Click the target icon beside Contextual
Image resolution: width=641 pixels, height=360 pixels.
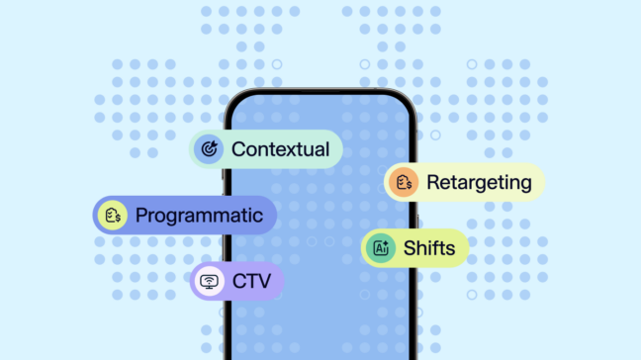(x=209, y=149)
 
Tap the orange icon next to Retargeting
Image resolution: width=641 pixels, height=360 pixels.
(x=403, y=182)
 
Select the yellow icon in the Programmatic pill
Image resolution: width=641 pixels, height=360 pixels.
(x=113, y=215)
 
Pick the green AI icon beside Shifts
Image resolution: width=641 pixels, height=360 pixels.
(x=380, y=248)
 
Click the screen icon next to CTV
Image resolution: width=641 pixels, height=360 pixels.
(x=209, y=282)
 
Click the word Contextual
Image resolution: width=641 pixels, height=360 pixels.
(x=280, y=149)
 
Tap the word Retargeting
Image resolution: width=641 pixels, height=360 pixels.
(x=479, y=182)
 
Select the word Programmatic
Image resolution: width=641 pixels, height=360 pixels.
(x=199, y=215)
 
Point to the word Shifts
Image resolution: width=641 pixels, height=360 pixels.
(x=429, y=248)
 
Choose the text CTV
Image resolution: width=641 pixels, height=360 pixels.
(x=252, y=282)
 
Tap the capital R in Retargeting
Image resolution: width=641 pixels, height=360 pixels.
(x=433, y=182)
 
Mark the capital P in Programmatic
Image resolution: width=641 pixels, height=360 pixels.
(x=141, y=215)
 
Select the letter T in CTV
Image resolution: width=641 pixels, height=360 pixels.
(x=252, y=282)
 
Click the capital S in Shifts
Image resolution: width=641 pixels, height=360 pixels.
(x=410, y=248)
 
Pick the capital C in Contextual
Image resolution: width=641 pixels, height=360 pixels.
(x=238, y=149)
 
